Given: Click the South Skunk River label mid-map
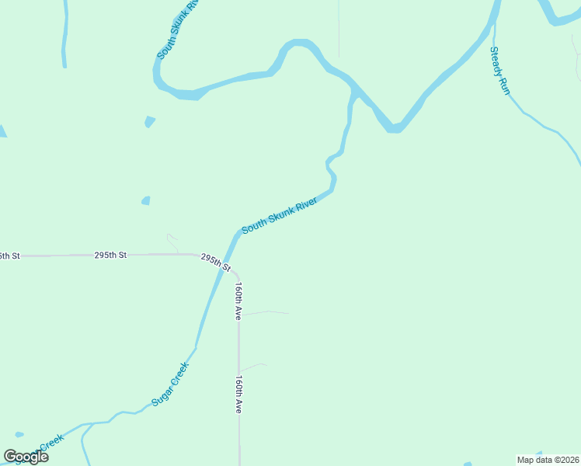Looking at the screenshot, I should tap(280, 215).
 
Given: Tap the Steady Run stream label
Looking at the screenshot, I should tap(499, 71).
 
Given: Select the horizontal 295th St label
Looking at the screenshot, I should tap(110, 255).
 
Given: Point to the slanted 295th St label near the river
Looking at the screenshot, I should tap(216, 262).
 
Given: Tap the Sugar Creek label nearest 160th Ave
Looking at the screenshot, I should tap(170, 384).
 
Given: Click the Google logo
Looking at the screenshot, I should tap(26, 457).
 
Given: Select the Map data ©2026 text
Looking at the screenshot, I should tap(548, 460).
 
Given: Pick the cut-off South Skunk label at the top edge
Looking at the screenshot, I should tap(178, 30).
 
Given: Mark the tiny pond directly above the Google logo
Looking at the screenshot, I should tap(19, 434).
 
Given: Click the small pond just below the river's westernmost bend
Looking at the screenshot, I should tap(150, 121).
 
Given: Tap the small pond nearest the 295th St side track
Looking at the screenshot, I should tap(146, 200).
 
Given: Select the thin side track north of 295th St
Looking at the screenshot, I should tap(172, 242).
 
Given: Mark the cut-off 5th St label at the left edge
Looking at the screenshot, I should tap(9, 256).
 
